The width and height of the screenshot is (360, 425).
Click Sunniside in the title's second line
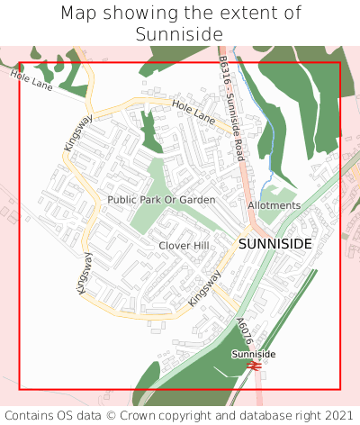[x=180, y=34]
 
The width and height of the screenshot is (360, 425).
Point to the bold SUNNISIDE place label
[x=274, y=244]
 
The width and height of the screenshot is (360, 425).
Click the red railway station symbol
[x=255, y=366]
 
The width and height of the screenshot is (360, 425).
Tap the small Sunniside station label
[x=254, y=355]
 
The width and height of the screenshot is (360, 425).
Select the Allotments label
[x=274, y=205]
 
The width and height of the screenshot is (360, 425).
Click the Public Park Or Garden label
[x=161, y=199]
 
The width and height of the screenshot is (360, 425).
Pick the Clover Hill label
[x=183, y=246]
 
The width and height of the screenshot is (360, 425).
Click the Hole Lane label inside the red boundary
[x=193, y=113]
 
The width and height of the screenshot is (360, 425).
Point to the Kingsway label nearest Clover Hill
[x=204, y=289]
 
